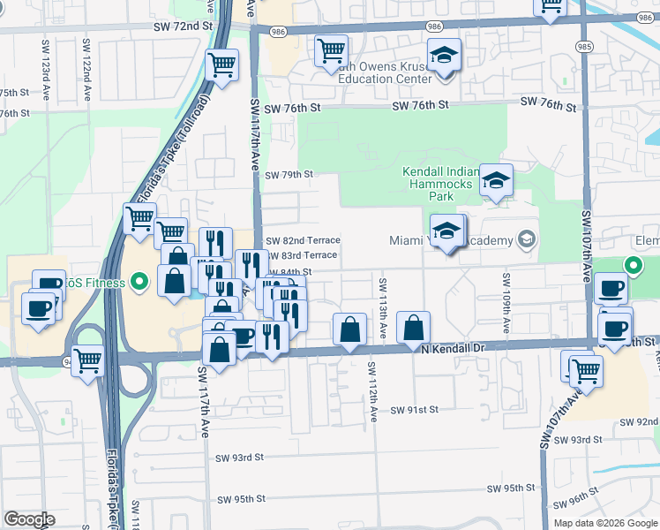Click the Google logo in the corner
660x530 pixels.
pos(29,519)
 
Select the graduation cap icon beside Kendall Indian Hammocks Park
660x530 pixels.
pos(496,181)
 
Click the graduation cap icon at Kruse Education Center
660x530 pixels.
pos(444,57)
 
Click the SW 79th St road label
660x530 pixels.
pos(289,175)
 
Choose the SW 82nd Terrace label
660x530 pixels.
pos(303,240)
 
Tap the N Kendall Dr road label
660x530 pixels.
pos(454,350)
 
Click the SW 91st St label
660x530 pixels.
pos(415,410)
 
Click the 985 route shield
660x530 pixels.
pos(583,45)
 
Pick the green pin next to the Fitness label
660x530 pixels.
pos(139,283)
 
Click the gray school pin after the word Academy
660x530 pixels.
pos(526,239)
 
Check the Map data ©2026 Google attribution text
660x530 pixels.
pos(604,523)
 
